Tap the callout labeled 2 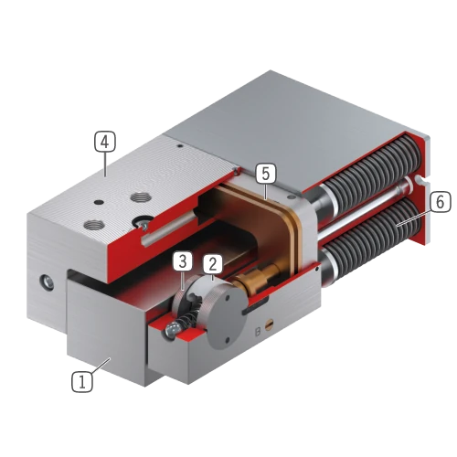tap(213, 264)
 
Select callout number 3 tap(183, 261)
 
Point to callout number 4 tap(105, 142)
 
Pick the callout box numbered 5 tap(265, 174)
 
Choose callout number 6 tap(441, 201)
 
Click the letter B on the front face tap(258, 332)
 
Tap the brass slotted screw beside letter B tap(269, 326)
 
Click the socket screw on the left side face tap(48, 282)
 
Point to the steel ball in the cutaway tap(172, 329)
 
